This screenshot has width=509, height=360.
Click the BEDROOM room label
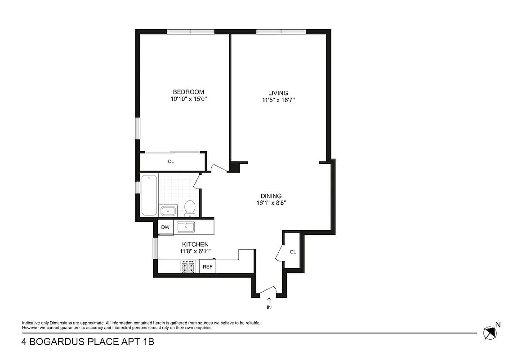[x=188, y=92]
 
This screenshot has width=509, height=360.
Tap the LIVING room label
[x=278, y=93]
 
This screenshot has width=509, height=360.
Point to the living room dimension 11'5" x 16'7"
[x=278, y=100]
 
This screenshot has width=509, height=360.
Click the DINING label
[x=271, y=196]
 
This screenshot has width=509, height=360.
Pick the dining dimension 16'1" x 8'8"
[x=271, y=202]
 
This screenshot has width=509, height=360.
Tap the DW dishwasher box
[x=165, y=227]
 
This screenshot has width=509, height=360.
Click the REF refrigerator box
[x=207, y=267]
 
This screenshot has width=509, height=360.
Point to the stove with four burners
[x=188, y=267]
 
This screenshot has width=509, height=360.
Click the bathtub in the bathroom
[x=148, y=195]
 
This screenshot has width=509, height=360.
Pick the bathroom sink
[x=168, y=211]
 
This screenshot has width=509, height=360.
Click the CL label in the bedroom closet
[x=171, y=162]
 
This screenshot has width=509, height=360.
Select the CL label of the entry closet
[x=293, y=252]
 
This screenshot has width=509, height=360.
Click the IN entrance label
[x=269, y=307]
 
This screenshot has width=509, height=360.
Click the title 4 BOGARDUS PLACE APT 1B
[x=88, y=342]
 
